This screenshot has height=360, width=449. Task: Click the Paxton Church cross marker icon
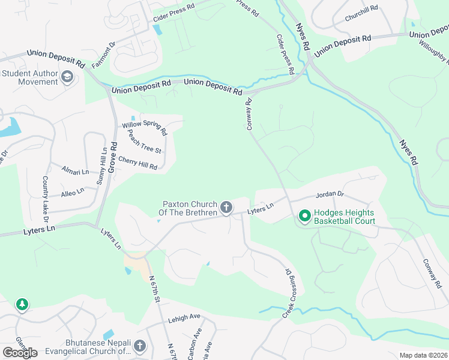pyautogui.click(x=226, y=208)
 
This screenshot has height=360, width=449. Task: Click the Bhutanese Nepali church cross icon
pyautogui.click(x=140, y=346)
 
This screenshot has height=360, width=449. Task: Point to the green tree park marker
pyautogui.click(x=22, y=305)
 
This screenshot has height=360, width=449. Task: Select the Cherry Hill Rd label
pyautogui.click(x=137, y=163)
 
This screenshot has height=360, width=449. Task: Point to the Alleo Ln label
pyautogui.click(x=73, y=193)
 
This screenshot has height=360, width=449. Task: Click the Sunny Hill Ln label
pyautogui.click(x=101, y=166)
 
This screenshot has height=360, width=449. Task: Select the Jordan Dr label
pyautogui.click(x=330, y=194)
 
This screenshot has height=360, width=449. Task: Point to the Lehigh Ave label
pyautogui.click(x=184, y=317)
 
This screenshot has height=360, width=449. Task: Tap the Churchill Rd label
pyautogui.click(x=361, y=14)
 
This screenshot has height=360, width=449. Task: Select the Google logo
pyautogui.click(x=20, y=353)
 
